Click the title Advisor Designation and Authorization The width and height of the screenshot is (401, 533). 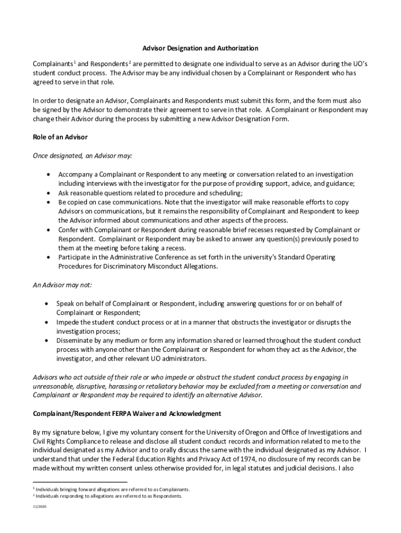200,48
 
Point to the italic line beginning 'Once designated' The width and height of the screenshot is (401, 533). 82,156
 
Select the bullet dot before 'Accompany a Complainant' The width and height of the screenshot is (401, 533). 48,174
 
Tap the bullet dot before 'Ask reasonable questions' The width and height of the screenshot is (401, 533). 48,193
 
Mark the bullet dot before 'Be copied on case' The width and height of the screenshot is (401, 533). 48,202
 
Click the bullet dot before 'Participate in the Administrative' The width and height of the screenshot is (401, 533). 48,258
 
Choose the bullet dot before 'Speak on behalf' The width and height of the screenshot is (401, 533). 47,303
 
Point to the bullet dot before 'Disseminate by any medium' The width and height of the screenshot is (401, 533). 47,341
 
